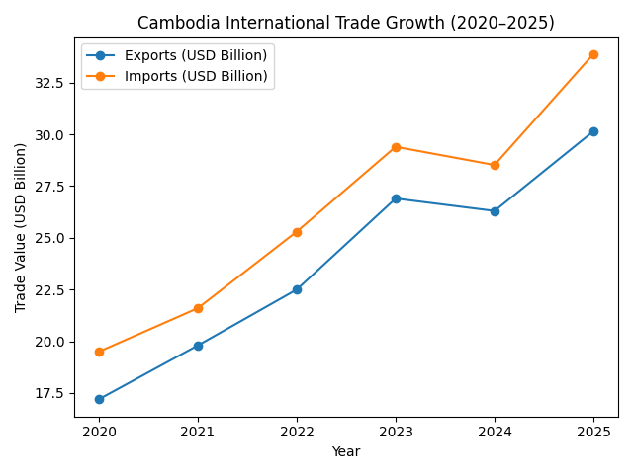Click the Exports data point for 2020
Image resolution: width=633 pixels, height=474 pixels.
coord(99,399)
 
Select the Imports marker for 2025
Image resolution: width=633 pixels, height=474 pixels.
coord(593,54)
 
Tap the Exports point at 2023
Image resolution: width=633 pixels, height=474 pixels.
coord(396,198)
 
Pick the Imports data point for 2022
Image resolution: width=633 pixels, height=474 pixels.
coord(297,232)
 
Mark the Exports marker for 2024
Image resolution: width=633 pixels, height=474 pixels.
coord(495,211)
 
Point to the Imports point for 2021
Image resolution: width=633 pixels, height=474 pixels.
coord(198,308)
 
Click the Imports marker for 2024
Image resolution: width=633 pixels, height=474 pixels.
coord(495,165)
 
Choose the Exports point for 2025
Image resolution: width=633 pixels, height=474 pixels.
coord(593,131)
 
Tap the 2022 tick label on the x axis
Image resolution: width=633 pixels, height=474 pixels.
coord(297,433)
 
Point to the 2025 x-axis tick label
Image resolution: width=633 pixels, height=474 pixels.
coord(593,433)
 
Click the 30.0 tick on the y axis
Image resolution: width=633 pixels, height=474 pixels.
coord(50,134)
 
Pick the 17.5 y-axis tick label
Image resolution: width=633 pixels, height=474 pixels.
coord(50,393)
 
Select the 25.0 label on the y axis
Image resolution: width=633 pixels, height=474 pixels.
coord(50,238)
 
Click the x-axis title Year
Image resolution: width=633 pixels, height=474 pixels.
coord(346,451)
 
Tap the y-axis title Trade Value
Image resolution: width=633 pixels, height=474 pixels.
coord(21,227)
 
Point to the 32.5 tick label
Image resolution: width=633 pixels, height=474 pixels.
coord(50,83)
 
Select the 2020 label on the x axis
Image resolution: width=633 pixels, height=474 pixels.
coord(99,433)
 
